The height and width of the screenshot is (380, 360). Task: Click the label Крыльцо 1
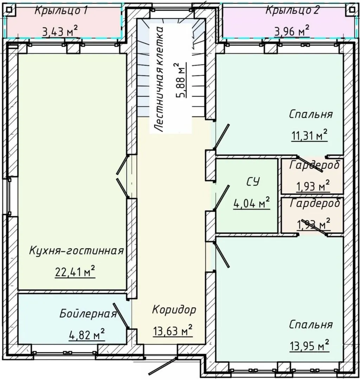(61, 11)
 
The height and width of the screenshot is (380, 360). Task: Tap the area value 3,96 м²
(292, 31)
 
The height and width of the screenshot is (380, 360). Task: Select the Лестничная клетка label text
(159, 79)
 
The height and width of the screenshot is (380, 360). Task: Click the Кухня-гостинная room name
(77, 251)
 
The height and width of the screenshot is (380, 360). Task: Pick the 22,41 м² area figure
(75, 272)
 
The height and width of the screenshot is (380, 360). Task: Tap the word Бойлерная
(88, 314)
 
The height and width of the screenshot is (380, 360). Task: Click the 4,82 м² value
(87, 335)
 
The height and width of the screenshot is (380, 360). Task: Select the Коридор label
(174, 310)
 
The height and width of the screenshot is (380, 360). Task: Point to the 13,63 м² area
(173, 330)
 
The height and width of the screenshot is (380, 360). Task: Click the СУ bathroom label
(253, 182)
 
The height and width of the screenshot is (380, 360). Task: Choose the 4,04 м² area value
(251, 203)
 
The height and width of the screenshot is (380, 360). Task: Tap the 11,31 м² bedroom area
(309, 135)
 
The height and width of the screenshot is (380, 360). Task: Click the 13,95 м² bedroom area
(309, 346)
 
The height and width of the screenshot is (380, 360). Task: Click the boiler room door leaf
(121, 316)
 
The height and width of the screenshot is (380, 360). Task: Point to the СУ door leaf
(221, 197)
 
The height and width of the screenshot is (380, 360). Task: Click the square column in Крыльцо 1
(9, 10)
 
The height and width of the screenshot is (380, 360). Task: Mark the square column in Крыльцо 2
(351, 10)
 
